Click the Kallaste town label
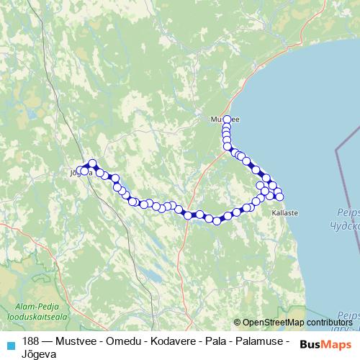tap(284, 213)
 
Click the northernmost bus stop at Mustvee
tap(228, 120)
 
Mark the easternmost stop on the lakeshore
tap(280, 197)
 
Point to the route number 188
tap(30, 340)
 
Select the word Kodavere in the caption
tap(158, 340)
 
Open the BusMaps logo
tap(325, 345)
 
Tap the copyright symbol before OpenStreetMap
tap(238, 323)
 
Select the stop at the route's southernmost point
tap(216, 220)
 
